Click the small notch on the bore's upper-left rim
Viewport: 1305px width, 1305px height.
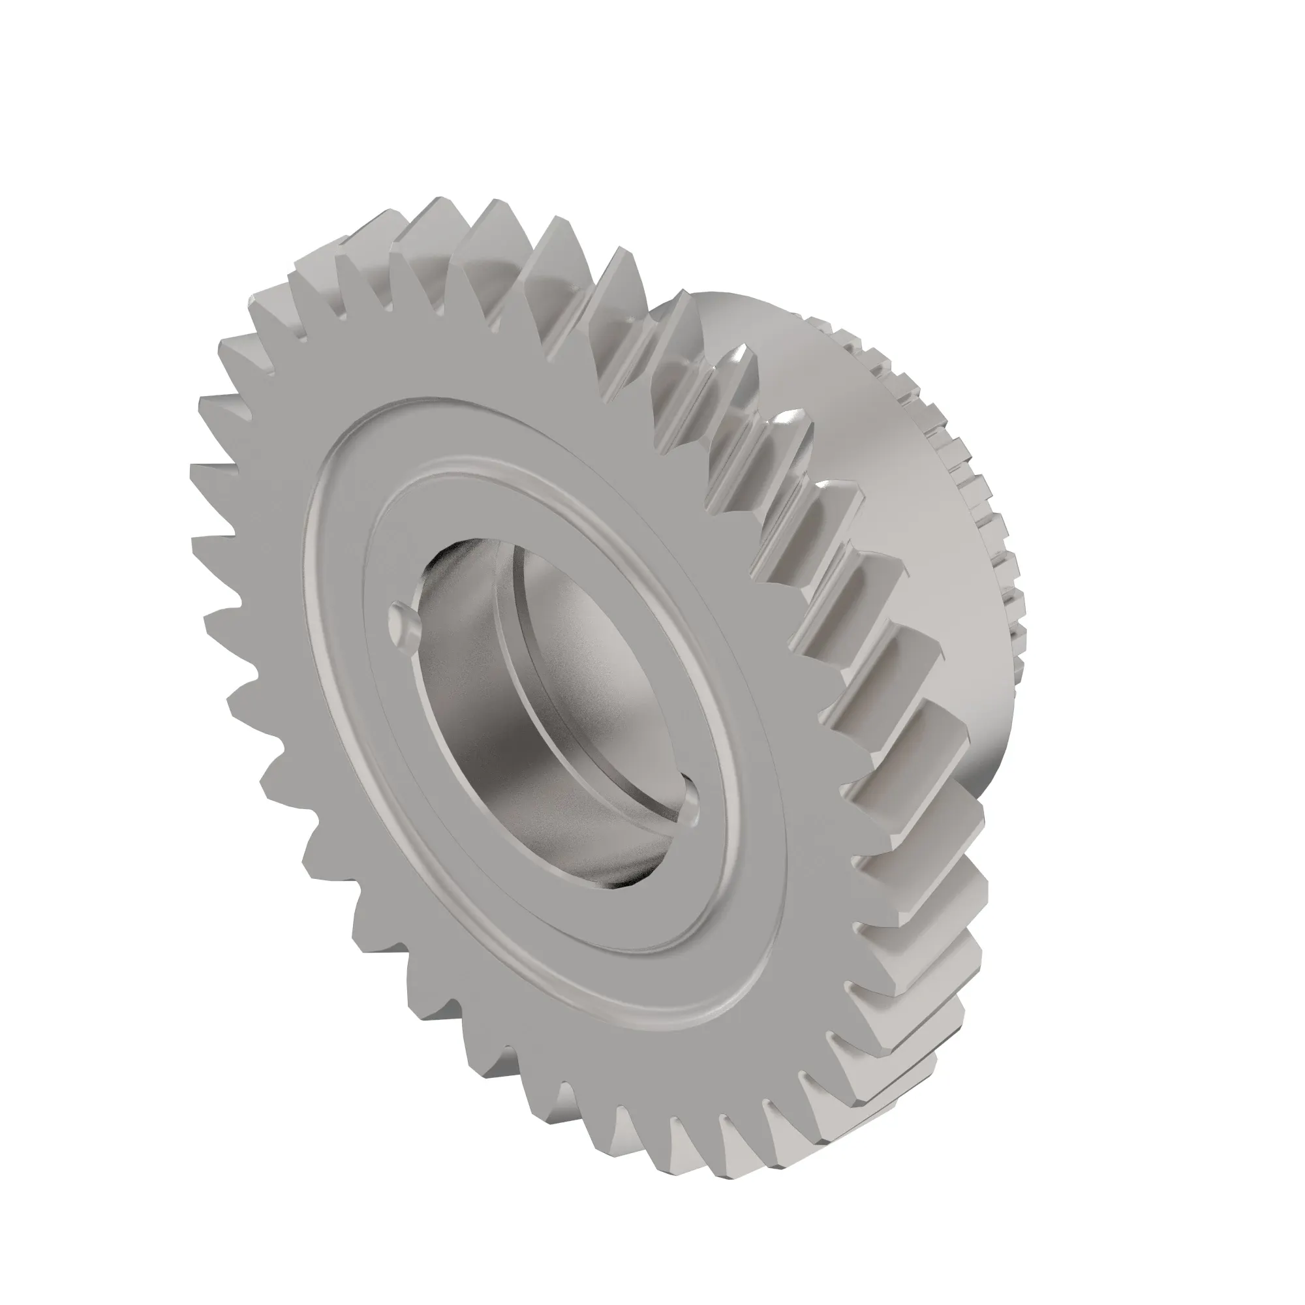(x=403, y=622)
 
